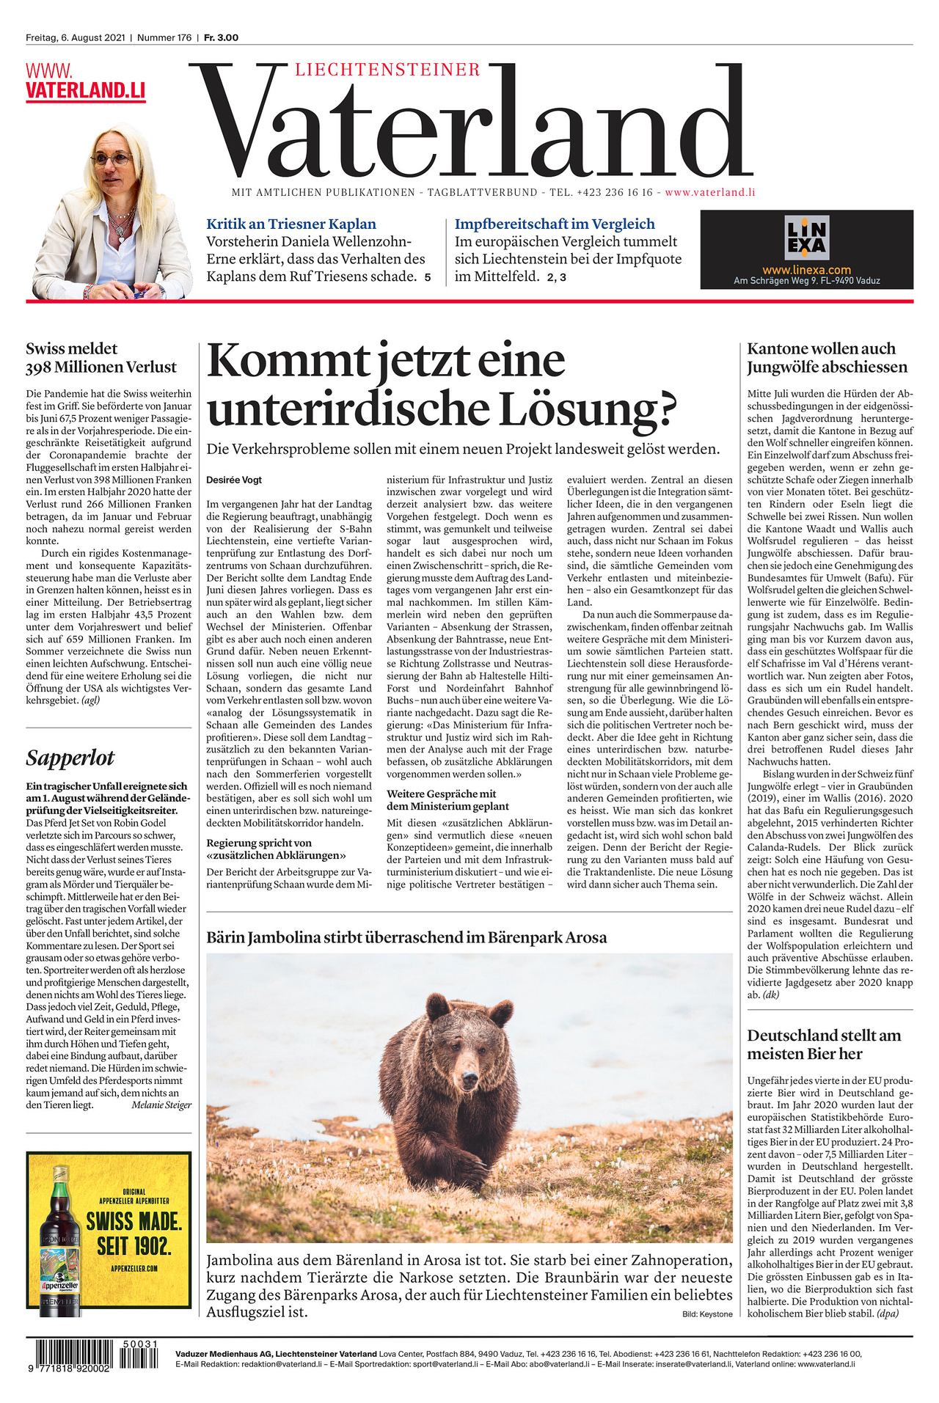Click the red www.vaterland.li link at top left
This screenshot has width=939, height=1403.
(85, 82)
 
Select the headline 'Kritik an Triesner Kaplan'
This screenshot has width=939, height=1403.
(291, 224)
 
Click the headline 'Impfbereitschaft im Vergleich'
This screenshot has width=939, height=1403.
(555, 224)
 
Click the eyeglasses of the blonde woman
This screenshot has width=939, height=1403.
(112, 159)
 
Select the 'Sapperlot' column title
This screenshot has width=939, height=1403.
(70, 758)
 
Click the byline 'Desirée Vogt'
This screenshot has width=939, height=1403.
(234, 480)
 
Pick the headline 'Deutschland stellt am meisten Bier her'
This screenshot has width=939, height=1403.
(824, 1044)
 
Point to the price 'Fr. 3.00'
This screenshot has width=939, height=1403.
(221, 37)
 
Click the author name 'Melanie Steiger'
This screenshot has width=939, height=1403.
(161, 1105)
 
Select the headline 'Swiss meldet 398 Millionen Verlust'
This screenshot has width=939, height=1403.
(101, 358)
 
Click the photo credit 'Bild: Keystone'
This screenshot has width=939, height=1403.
(706, 1314)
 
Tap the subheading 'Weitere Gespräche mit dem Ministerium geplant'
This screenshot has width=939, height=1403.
(447, 800)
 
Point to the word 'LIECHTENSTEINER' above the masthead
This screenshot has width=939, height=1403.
(387, 70)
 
